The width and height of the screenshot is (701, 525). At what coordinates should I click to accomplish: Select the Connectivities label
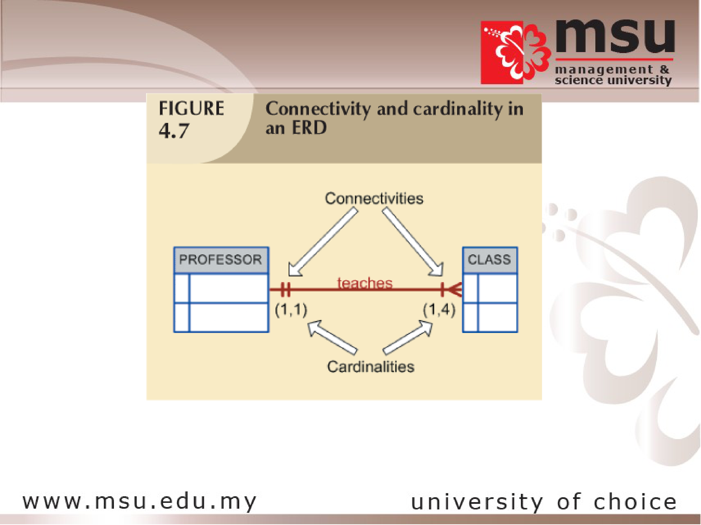tap(374, 198)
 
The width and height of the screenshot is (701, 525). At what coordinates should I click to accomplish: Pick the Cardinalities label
tap(370, 367)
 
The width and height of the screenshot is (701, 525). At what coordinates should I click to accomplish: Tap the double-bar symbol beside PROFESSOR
tap(285, 289)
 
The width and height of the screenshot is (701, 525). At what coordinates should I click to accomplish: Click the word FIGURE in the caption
tap(191, 108)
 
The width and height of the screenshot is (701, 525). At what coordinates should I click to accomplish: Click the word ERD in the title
tap(309, 128)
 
